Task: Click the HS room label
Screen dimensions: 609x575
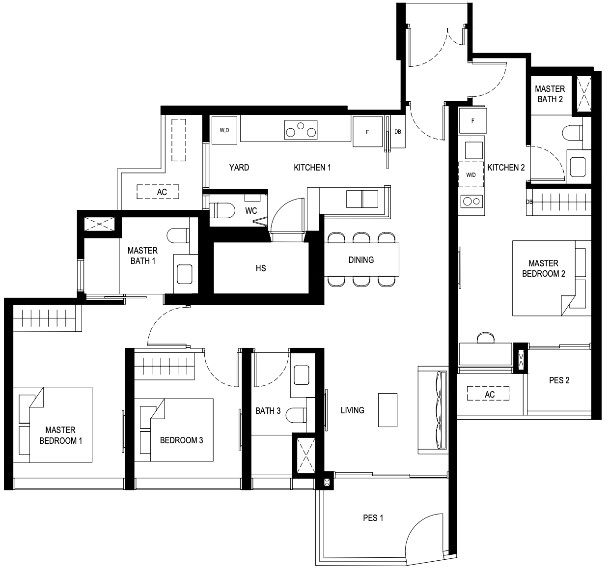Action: pos(261,268)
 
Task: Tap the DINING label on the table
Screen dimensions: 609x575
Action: pos(361,260)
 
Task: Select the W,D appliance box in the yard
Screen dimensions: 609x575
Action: pos(224,130)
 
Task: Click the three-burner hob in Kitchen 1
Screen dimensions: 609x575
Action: pos(301,130)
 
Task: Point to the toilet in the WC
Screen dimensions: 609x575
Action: pos(222,210)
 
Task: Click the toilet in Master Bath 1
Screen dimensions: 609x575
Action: pos(178,235)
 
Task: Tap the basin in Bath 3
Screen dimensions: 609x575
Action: pos(301,375)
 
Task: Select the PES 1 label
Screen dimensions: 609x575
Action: pos(373,518)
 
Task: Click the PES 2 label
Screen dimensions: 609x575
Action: pos(559,380)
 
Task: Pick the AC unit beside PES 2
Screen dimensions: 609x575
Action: pos(488,393)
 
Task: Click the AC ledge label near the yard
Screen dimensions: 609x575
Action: pos(162,192)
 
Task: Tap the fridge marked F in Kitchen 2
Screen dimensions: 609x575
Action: pos(472,120)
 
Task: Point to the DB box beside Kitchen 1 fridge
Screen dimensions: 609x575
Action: pos(398,132)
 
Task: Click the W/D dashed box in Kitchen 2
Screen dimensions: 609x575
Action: pos(471,174)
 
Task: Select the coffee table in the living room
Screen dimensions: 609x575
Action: pos(388,410)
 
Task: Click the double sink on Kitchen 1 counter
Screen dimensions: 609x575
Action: pos(362,199)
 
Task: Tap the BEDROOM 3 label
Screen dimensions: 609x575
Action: pos(181,440)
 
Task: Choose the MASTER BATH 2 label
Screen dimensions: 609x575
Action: pos(550,94)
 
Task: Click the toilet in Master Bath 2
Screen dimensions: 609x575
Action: pos(572,133)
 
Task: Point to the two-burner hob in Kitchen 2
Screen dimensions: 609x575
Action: pos(471,201)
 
